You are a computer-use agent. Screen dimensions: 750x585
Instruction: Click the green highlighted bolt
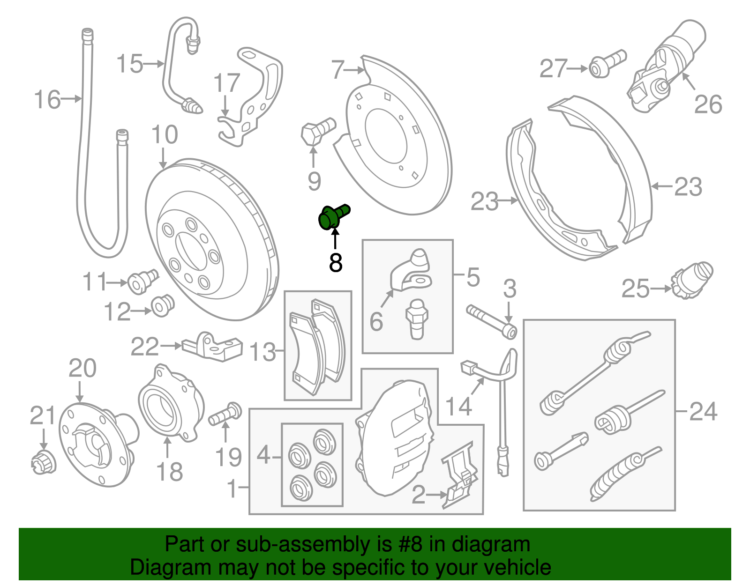pyautogui.click(x=333, y=216)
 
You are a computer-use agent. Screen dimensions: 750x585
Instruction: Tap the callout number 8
pyautogui.click(x=336, y=262)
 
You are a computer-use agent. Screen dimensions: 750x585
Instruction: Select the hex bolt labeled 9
pyautogui.click(x=318, y=131)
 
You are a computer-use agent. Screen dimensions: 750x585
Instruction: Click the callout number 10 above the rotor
pyautogui.click(x=165, y=134)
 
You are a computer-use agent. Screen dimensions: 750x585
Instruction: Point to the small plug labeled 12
pyautogui.click(x=163, y=305)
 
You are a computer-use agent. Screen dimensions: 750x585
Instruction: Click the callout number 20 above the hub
pyautogui.click(x=82, y=368)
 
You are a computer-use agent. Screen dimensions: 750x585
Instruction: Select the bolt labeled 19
pyautogui.click(x=225, y=413)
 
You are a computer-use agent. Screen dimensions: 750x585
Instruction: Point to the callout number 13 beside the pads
pyautogui.click(x=262, y=352)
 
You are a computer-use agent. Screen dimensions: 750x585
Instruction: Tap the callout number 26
pyautogui.click(x=708, y=104)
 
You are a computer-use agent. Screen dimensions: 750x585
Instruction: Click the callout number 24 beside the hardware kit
pyautogui.click(x=704, y=411)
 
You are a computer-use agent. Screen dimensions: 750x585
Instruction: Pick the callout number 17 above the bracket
pyautogui.click(x=227, y=83)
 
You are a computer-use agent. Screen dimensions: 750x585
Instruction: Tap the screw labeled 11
pyautogui.click(x=142, y=281)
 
